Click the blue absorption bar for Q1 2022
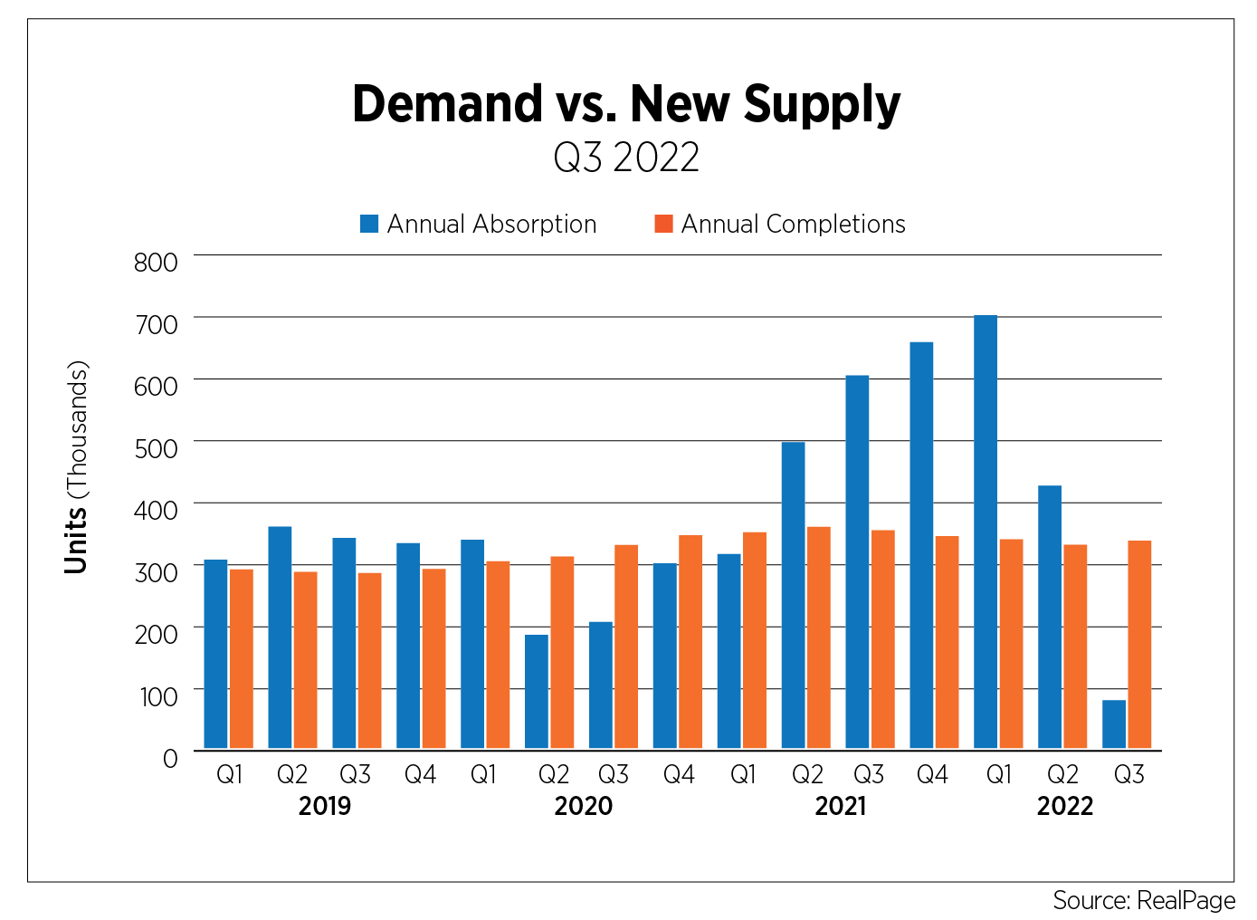[x=986, y=532]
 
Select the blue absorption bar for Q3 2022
[x=1114, y=724]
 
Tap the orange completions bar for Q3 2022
[x=1139, y=644]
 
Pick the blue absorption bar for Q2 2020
[x=537, y=691]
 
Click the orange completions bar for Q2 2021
[x=818, y=637]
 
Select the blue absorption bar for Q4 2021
[x=921, y=545]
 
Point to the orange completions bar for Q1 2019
[x=242, y=658]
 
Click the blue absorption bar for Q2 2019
[x=280, y=637]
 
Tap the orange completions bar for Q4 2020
[x=690, y=641]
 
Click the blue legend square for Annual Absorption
[x=369, y=224]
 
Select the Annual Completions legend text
[x=793, y=224]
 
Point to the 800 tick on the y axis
[x=156, y=263]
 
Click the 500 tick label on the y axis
[x=156, y=448]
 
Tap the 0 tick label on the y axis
[x=170, y=758]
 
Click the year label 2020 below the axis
[x=583, y=806]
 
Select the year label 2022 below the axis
[x=1064, y=806]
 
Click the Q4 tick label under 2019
[x=420, y=774]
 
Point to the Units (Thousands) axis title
[x=77, y=467]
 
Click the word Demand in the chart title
[x=447, y=104]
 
